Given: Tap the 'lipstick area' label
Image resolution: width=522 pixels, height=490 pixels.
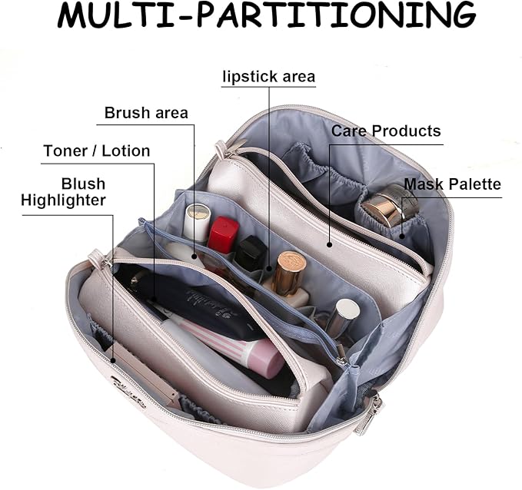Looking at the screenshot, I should click(268, 77).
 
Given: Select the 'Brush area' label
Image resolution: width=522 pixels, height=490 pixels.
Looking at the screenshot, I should click(146, 114).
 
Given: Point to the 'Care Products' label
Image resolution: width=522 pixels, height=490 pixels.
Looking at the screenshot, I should click(386, 131).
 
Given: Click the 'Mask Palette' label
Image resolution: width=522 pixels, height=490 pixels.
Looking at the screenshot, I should click(453, 184).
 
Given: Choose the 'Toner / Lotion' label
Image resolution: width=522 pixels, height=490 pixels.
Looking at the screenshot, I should click(97, 151).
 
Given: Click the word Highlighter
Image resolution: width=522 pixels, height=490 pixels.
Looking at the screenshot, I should click(63, 200).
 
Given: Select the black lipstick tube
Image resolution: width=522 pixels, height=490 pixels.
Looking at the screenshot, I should click(250, 253).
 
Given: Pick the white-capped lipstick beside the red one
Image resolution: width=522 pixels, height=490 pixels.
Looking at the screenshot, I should click(198, 223).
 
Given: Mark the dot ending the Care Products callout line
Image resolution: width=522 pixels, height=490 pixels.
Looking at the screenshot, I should click(329, 245).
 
